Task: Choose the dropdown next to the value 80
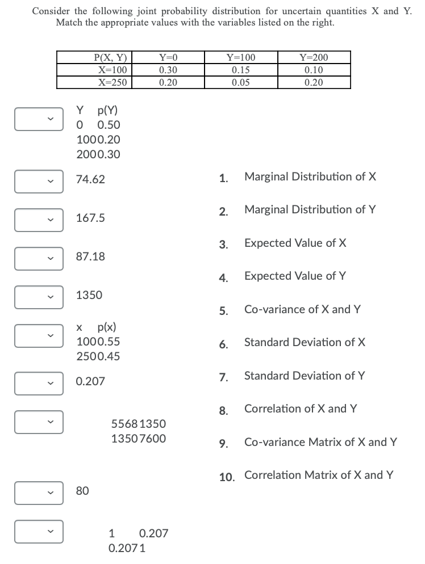tap(37, 492)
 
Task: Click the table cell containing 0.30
tap(168, 70)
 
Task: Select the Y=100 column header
tap(241, 57)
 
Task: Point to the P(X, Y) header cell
tap(113, 57)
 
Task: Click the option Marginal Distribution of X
tap(310, 176)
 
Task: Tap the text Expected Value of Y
tap(295, 276)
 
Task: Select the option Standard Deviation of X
tap(305, 342)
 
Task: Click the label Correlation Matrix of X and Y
tap(319, 475)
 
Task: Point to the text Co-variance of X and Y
tap(302, 309)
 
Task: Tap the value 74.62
tap(90, 180)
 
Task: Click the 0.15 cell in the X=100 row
tap(241, 70)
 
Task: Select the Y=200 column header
tap(314, 57)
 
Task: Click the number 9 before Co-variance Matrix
tap(223, 443)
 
